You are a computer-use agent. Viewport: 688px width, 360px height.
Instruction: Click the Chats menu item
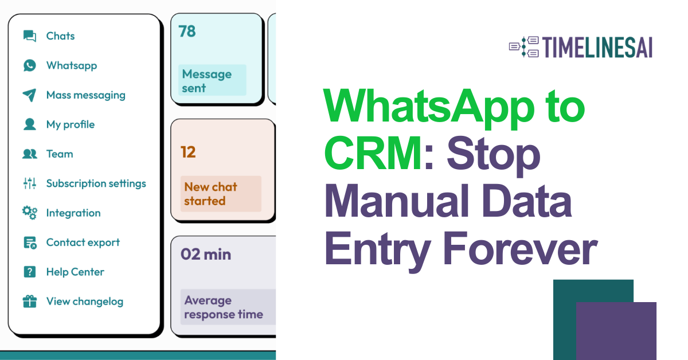(60, 36)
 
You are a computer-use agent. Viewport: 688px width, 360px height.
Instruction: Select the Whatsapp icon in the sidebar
(30, 65)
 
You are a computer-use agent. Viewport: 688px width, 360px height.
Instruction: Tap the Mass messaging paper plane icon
(30, 95)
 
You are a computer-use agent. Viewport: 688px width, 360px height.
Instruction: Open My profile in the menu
(70, 124)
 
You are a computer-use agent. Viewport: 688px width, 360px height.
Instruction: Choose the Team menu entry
(59, 154)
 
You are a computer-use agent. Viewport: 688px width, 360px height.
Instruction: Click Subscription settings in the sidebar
(96, 183)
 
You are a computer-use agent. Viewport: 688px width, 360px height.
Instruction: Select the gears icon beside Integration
(30, 213)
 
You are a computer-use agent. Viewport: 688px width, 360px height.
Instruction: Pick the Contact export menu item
(83, 242)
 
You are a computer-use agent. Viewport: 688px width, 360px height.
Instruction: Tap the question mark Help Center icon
(30, 272)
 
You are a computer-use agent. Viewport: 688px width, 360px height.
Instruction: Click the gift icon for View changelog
(30, 302)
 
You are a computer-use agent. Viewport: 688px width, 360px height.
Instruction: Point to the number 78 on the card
(187, 32)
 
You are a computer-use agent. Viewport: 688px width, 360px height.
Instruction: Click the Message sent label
(206, 81)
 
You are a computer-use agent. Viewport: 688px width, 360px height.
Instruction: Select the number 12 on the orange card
(188, 152)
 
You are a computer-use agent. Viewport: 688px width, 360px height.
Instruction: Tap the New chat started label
(210, 194)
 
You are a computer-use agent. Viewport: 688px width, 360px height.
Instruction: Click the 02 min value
(206, 255)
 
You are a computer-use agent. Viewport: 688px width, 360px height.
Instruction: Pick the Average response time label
(224, 307)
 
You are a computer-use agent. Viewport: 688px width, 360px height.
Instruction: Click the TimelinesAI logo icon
(524, 48)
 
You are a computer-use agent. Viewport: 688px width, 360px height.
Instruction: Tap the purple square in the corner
(616, 331)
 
